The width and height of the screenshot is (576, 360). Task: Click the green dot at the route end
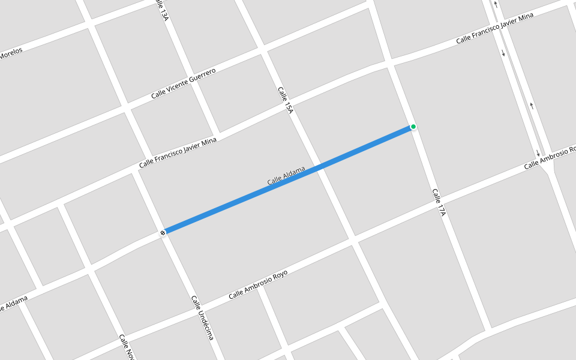(413, 127)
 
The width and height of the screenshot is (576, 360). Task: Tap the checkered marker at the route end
(163, 232)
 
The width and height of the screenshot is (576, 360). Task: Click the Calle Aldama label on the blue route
(286, 175)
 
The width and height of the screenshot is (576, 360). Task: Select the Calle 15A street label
(286, 100)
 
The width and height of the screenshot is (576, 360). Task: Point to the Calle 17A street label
(439, 202)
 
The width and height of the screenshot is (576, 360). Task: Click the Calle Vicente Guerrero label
(183, 83)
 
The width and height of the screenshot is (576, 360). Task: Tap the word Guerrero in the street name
(202, 76)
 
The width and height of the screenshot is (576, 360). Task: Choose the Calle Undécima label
(202, 317)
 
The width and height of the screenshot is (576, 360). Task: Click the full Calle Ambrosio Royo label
(258, 284)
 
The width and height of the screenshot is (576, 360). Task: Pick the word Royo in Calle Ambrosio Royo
(280, 275)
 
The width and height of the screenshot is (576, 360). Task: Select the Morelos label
(11, 53)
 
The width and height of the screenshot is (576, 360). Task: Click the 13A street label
(161, 11)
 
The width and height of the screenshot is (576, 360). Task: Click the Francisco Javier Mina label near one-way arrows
(494, 28)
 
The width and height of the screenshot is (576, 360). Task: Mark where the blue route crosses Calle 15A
(320, 166)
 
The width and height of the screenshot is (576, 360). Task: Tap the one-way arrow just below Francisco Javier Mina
(503, 53)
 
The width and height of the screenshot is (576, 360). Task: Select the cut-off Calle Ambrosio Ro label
(549, 157)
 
